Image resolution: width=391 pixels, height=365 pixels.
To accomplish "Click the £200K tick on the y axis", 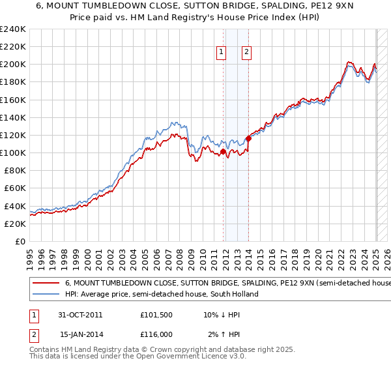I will pos(14,65).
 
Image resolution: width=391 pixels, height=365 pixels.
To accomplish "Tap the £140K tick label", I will pos(14,117).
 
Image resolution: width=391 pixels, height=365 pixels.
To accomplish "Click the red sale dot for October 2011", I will pos(224,152).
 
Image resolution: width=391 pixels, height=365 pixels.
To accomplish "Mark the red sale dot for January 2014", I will pos(249,139).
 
